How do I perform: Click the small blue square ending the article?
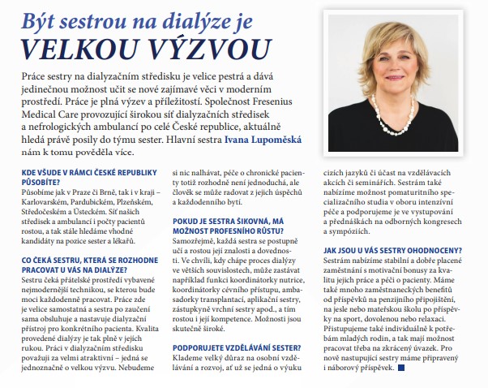point(400,369)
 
